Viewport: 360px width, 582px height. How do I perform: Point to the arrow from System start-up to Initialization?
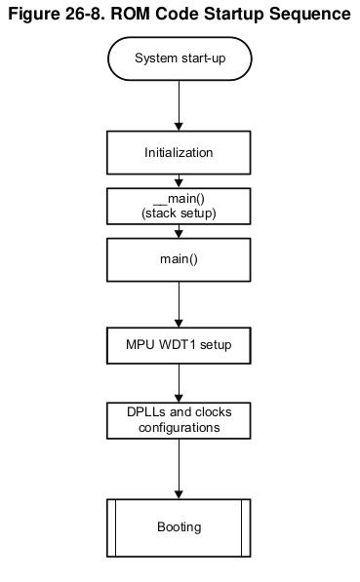click(179, 106)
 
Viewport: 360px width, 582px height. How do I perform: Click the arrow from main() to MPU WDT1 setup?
click(179, 304)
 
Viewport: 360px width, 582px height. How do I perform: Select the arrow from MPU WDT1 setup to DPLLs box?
click(179, 383)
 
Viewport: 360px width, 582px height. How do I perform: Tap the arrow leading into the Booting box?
click(179, 469)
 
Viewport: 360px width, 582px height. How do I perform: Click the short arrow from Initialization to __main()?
click(179, 181)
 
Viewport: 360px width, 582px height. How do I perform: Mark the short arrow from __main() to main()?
click(179, 231)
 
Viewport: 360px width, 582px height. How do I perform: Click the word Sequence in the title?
click(310, 15)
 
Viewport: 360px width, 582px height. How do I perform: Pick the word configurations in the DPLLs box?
click(180, 428)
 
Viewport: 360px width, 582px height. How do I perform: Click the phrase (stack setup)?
click(179, 213)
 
